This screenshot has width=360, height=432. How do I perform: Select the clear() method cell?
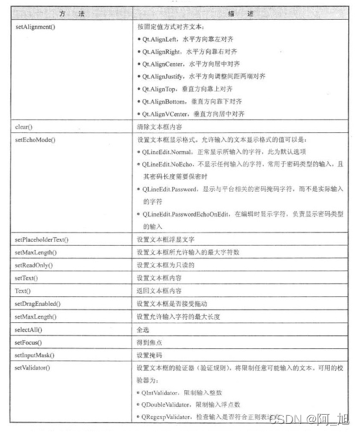(24, 125)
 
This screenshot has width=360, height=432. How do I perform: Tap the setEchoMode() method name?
(35, 139)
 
